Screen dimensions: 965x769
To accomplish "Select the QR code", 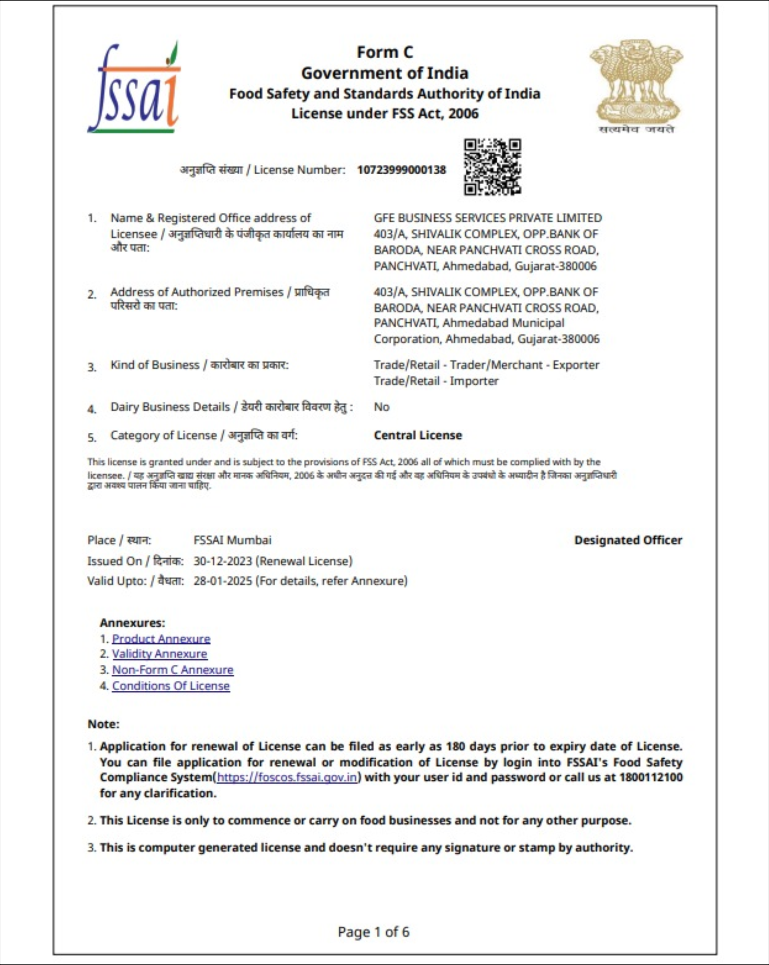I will pyautogui.click(x=492, y=167).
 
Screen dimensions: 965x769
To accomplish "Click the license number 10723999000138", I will pyautogui.click(x=402, y=170).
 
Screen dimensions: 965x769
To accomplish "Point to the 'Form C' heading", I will pyautogui.click(x=385, y=52).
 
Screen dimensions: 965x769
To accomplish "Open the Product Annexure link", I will pyautogui.click(x=161, y=639).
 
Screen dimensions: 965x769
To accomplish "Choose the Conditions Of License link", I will pyautogui.click(x=171, y=686).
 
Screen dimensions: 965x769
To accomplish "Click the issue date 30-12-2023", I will pyautogui.click(x=223, y=561).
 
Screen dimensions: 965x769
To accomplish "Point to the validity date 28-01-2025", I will pyautogui.click(x=223, y=581).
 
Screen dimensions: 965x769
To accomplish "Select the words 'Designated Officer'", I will pyautogui.click(x=628, y=540).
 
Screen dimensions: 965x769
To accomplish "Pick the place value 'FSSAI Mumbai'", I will pyautogui.click(x=232, y=540).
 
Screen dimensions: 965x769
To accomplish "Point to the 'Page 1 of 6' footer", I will pyautogui.click(x=373, y=932).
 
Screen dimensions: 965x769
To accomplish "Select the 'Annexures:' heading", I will pyautogui.click(x=132, y=623).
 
